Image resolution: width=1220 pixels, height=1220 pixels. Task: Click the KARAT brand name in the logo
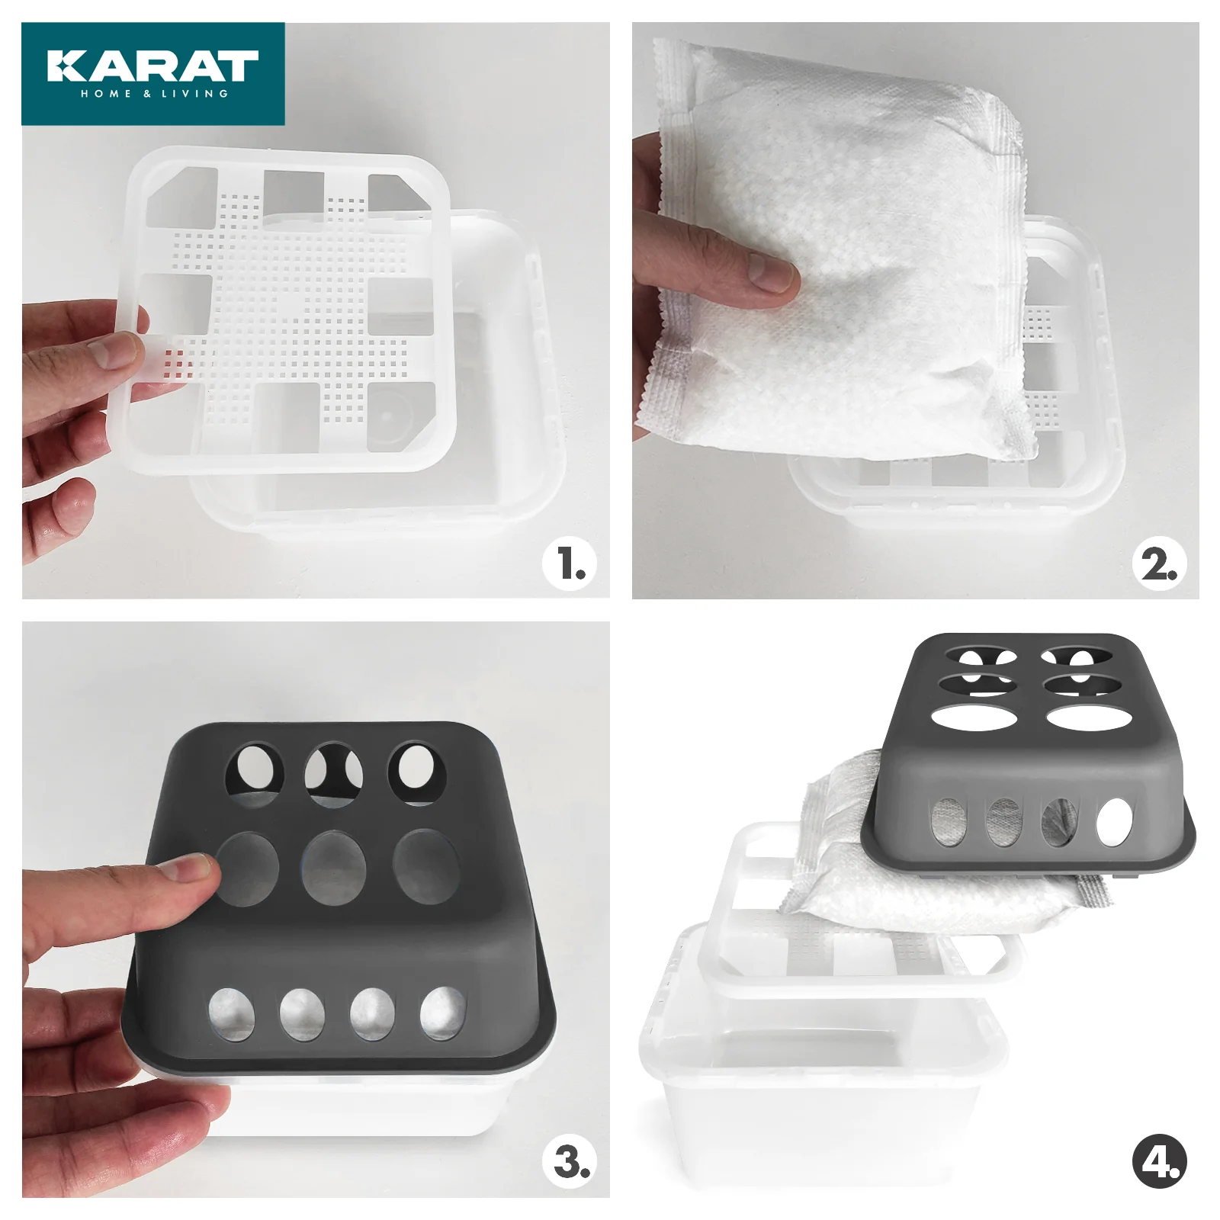click(x=152, y=66)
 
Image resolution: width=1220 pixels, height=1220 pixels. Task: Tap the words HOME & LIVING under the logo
click(x=154, y=94)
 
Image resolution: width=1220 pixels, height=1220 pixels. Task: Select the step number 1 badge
click(x=570, y=564)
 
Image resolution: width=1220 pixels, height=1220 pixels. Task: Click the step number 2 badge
click(x=1159, y=565)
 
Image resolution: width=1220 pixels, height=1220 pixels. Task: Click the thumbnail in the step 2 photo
click(x=770, y=273)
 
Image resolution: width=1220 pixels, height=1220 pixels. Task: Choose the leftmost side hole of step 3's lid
click(x=232, y=1015)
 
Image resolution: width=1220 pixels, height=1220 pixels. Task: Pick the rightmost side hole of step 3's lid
click(x=443, y=1013)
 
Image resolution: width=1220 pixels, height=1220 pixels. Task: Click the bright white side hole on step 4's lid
click(x=1115, y=823)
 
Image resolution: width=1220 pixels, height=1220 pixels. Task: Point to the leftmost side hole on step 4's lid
click(x=949, y=823)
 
